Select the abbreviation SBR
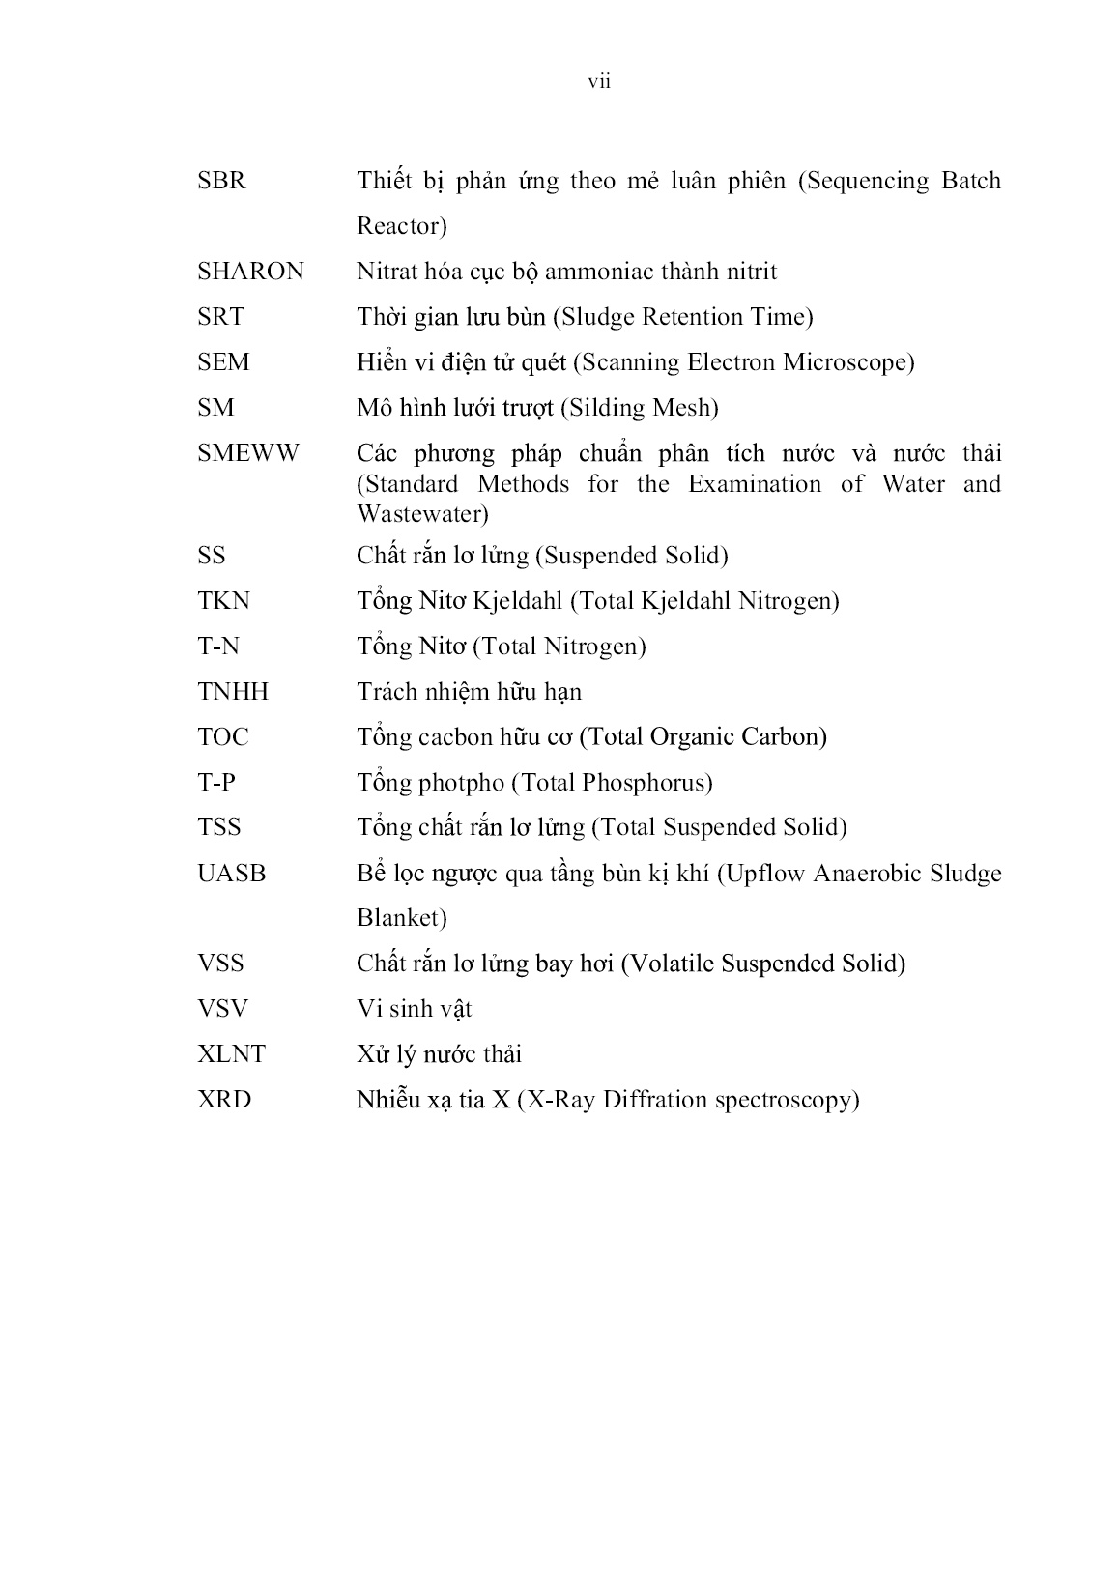221,181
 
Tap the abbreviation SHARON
250,272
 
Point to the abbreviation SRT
220,317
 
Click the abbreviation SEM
223,362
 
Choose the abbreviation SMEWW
248,453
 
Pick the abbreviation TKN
223,601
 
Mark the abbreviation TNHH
233,692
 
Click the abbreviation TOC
223,737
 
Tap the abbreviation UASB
231,874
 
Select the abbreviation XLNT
231,1054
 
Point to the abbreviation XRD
224,1100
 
